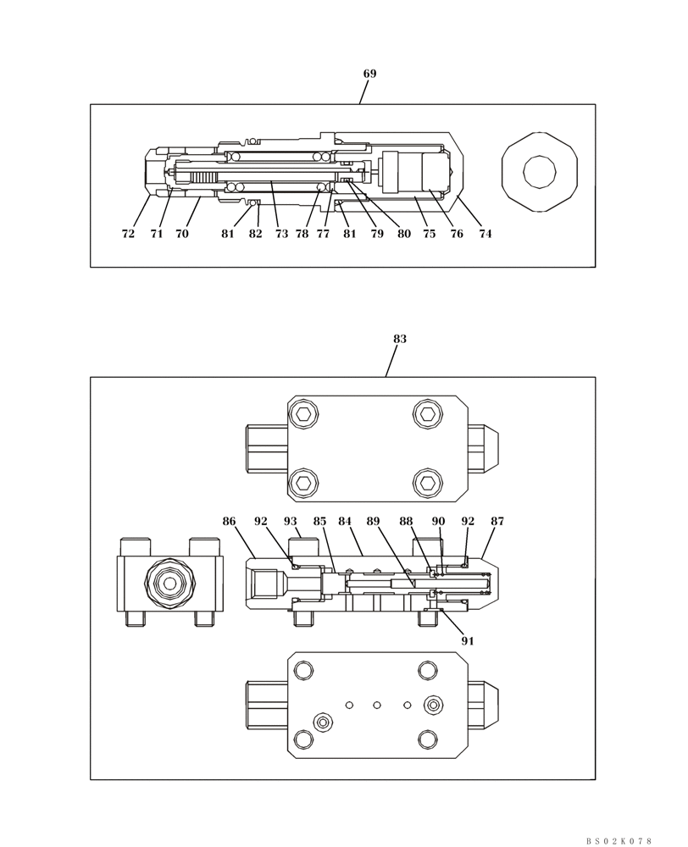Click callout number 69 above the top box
click(369, 75)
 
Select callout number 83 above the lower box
click(399, 340)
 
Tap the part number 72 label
click(128, 235)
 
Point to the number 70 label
click(182, 235)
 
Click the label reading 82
click(255, 235)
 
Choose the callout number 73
click(281, 235)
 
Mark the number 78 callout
click(302, 235)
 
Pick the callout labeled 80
click(403, 235)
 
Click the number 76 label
click(457, 235)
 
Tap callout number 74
click(485, 235)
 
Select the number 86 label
click(229, 522)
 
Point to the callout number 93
click(291, 522)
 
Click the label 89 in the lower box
click(373, 522)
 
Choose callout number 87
click(497, 522)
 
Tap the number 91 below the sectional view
click(467, 641)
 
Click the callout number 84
click(345, 522)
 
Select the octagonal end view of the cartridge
click(540, 172)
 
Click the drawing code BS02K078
click(619, 841)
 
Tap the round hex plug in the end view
click(170, 583)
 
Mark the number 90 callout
click(438, 522)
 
